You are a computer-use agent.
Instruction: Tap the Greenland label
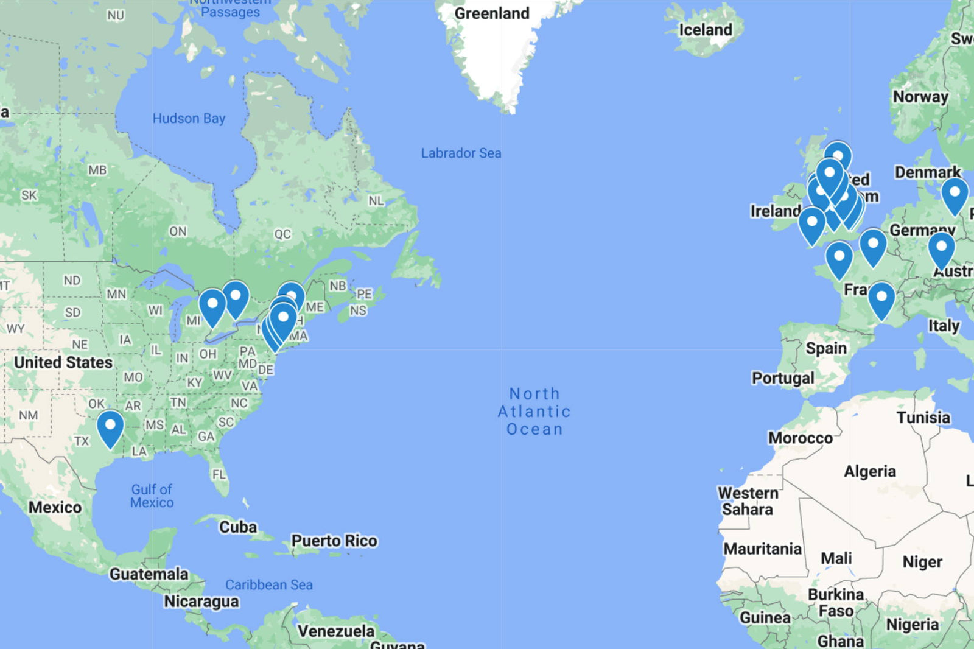click(492, 13)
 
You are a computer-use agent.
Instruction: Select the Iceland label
click(706, 30)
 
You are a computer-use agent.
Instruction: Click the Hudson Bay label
click(189, 118)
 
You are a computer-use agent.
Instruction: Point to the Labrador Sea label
click(461, 153)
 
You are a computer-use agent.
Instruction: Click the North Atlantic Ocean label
click(534, 412)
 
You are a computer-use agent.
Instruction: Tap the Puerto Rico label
click(334, 541)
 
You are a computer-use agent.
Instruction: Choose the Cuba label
click(238, 527)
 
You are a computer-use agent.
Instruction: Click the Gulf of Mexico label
click(152, 496)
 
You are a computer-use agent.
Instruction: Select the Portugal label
click(783, 378)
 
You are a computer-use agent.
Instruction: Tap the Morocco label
click(800, 438)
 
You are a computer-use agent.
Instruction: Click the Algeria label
click(869, 471)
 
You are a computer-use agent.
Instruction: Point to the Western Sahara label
click(748, 501)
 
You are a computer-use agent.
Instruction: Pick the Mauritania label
click(762, 549)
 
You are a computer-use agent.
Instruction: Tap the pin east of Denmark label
click(955, 194)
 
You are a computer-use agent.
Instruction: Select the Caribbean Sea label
click(269, 584)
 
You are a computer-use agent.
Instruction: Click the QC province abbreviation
click(282, 234)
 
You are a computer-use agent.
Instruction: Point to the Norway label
click(920, 97)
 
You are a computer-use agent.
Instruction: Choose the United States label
click(63, 362)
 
